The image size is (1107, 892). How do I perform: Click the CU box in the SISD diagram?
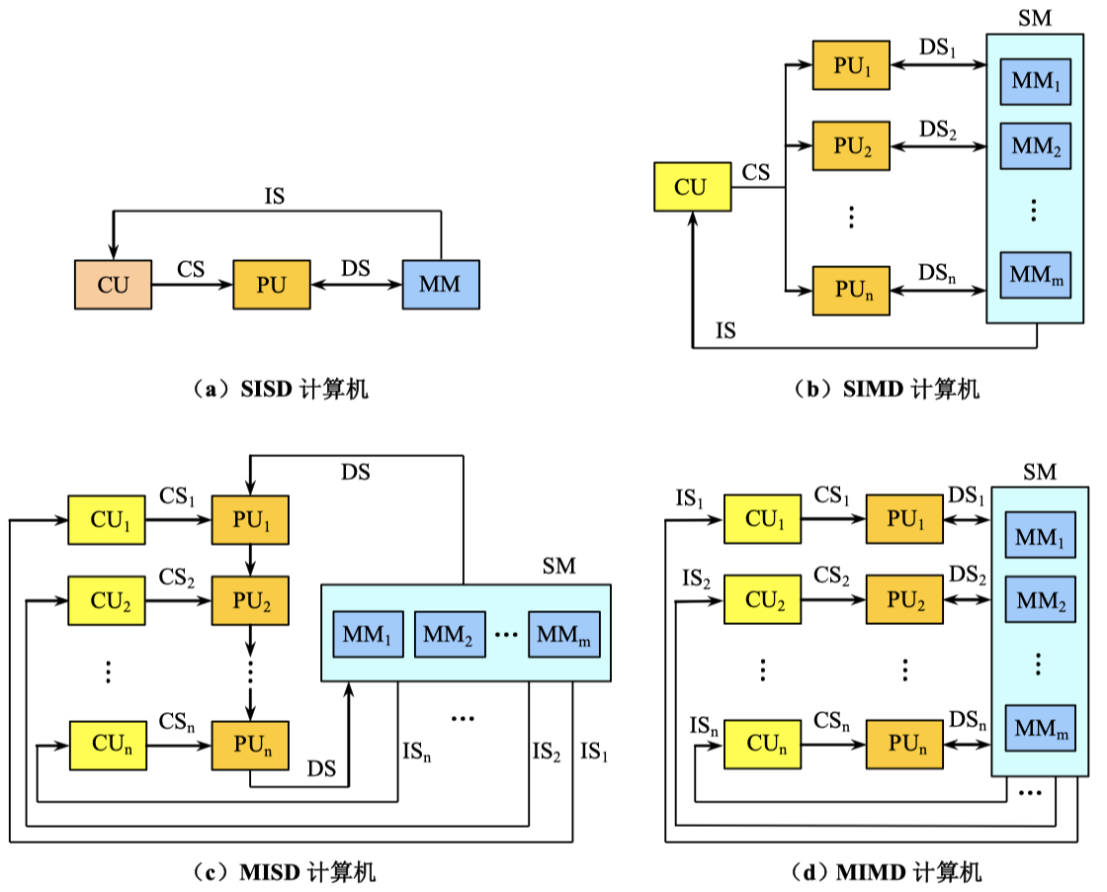click(x=114, y=285)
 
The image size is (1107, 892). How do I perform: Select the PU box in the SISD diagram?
click(x=271, y=285)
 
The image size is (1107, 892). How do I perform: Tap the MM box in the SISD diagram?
click(x=440, y=285)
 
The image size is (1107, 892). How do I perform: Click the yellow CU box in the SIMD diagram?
click(x=692, y=187)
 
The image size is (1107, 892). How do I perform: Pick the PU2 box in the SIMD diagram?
click(x=851, y=146)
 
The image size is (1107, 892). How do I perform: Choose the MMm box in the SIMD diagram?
click(x=1035, y=276)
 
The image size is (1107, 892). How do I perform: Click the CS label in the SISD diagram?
click(x=192, y=268)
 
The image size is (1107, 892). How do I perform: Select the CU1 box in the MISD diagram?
click(x=107, y=520)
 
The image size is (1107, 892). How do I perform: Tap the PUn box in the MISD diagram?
click(x=250, y=746)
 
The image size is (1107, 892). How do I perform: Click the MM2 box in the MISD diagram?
click(x=449, y=634)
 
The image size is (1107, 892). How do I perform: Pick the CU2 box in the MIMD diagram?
click(x=763, y=599)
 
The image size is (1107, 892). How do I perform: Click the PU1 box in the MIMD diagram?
click(x=904, y=520)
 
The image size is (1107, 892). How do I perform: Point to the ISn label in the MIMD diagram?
click(x=704, y=727)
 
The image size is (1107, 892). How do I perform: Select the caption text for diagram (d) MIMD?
click(x=885, y=872)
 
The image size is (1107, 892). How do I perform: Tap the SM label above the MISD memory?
click(x=558, y=567)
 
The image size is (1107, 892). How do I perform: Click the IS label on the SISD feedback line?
click(x=275, y=196)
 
